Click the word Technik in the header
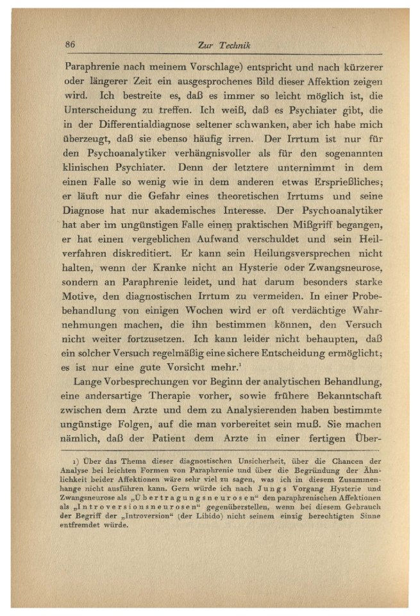coord(235,45)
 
